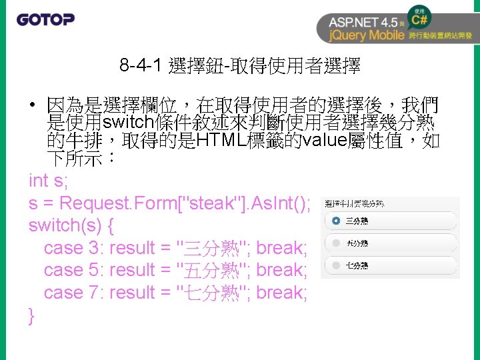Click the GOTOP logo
coord(45,19)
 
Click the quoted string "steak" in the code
coord(201,203)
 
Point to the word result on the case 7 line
coord(131,293)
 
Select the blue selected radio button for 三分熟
coord(335,221)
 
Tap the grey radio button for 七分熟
coord(335,265)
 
